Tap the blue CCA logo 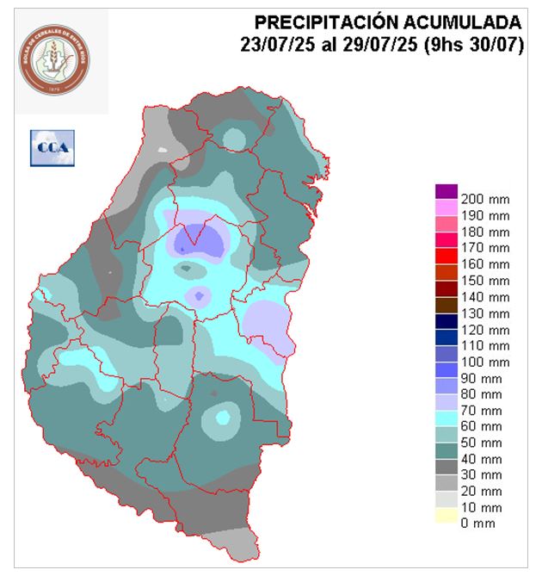[52, 148]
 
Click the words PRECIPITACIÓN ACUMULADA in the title [388, 22]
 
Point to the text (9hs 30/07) [471, 46]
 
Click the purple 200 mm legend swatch [446, 191]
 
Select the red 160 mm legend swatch [446, 264]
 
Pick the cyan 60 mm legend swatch [446, 426]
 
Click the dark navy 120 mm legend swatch [446, 329]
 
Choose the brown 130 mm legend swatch [446, 313]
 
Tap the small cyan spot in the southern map [223, 418]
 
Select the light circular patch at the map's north [233, 139]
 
